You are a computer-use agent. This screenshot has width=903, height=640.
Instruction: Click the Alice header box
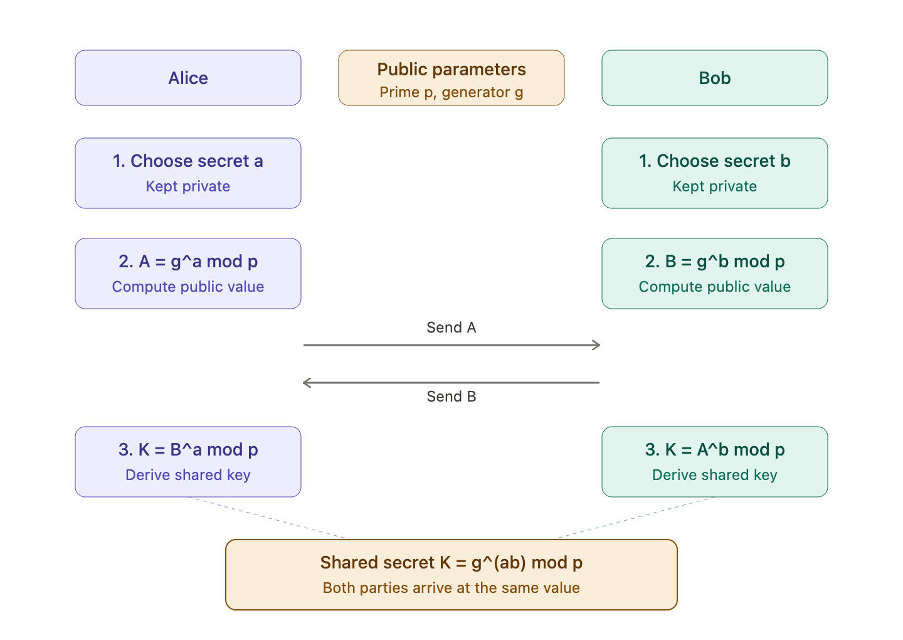click(x=188, y=78)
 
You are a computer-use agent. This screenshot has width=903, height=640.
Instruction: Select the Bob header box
click(x=714, y=78)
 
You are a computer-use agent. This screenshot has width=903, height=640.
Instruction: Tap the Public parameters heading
click(x=451, y=70)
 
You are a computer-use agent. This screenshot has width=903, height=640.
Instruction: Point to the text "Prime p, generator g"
click(x=451, y=92)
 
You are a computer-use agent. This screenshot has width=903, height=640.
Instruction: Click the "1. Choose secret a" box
click(x=188, y=173)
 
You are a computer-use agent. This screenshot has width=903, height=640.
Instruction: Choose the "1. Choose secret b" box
click(x=714, y=173)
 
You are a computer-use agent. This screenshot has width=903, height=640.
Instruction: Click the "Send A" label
click(x=451, y=328)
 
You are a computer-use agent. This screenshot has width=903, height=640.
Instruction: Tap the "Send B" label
click(x=451, y=397)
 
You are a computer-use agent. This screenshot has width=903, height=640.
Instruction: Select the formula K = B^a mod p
click(x=198, y=450)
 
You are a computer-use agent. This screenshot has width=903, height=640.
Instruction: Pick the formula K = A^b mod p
click(x=724, y=450)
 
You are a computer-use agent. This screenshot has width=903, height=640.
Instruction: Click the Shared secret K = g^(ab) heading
click(x=451, y=563)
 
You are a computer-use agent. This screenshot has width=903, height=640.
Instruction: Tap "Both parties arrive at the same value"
click(x=451, y=588)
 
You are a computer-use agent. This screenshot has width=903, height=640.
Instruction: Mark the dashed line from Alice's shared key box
click(x=267, y=518)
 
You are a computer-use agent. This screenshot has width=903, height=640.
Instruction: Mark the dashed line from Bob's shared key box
click(x=636, y=518)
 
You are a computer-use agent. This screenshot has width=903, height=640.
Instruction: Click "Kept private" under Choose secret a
click(x=188, y=186)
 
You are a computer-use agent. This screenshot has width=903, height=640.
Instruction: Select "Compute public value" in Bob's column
click(x=714, y=287)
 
